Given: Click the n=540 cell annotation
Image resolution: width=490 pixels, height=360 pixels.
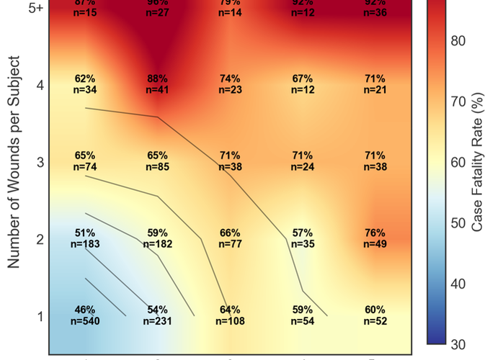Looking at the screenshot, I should pos(85,321).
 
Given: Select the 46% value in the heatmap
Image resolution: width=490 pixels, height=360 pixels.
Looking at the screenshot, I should pos(85,310).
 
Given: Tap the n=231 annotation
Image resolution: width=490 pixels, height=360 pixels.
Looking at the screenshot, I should pos(158,321).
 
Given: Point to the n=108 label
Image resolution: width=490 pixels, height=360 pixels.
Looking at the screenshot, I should pos(231,321).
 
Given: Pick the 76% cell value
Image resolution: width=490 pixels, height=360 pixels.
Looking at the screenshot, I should pos(375,233).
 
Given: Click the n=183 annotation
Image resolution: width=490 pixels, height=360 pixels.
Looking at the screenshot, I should pos(85,244).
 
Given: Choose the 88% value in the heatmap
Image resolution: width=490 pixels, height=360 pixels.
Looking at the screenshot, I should pos(158,78).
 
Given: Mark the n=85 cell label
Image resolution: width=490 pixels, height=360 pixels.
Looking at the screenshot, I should pos(158,167).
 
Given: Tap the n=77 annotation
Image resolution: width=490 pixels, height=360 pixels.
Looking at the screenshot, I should pos(231,244).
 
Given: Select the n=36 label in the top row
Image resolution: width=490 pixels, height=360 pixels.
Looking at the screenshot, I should pos(375,12).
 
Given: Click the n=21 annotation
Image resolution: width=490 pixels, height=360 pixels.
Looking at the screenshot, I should pos(375,89).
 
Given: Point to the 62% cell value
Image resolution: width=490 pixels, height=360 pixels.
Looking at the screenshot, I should pos(85,78).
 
